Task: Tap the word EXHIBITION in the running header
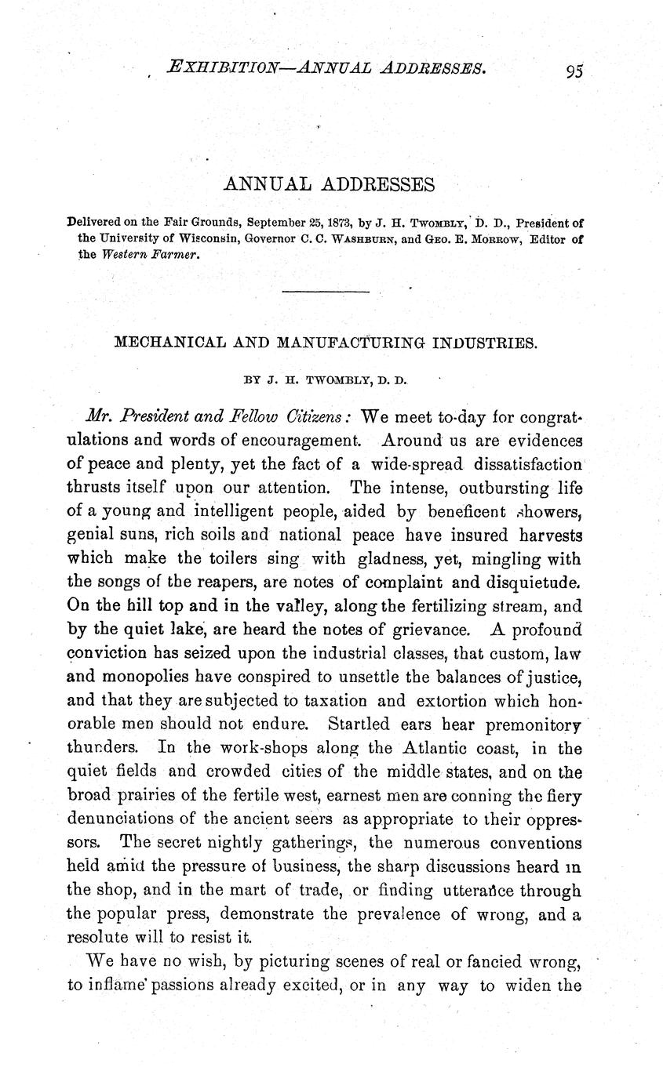(221, 68)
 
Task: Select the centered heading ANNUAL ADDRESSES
(329, 184)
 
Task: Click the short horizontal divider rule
(325, 292)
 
